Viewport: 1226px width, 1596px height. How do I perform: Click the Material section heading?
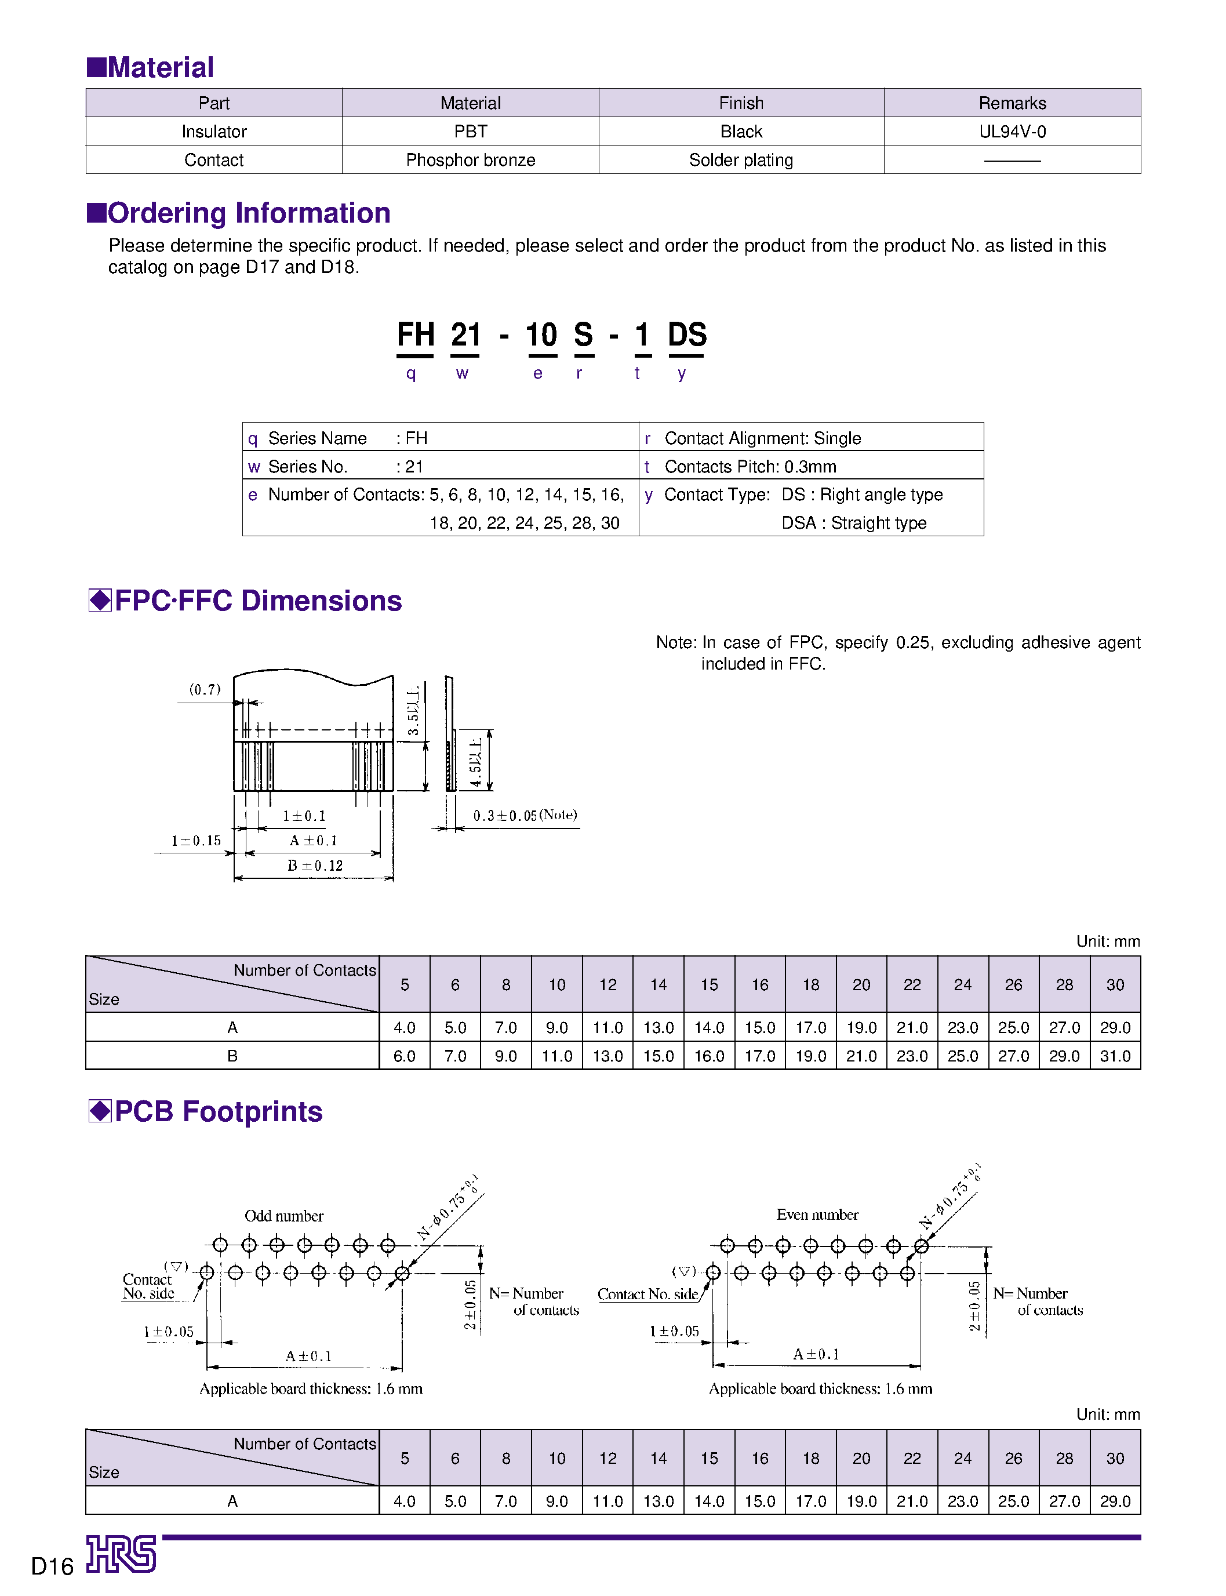160,67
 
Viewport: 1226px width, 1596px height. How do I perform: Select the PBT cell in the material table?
470,132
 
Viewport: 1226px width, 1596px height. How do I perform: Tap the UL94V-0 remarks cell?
1012,132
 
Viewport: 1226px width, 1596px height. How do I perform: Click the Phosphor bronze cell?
470,160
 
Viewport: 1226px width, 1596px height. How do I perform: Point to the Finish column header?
741,103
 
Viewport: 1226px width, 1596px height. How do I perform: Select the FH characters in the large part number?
415,335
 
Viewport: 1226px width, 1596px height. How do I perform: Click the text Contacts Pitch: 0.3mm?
750,466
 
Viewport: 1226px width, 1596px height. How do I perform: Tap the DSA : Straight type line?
853,522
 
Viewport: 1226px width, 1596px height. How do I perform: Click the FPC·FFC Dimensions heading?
257,601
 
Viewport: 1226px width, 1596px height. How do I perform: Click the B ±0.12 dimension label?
315,866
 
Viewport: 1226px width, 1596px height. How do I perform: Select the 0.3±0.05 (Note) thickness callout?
525,815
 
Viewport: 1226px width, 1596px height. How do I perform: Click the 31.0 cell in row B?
1114,1056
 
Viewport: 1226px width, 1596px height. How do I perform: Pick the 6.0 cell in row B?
404,1056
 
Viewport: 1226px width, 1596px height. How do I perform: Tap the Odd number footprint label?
284,1216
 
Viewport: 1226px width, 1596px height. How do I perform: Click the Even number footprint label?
817,1215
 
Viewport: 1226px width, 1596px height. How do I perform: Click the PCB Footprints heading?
217,1111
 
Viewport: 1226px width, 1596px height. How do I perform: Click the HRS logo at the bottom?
121,1554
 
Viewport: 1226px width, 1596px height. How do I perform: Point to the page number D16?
53,1566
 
